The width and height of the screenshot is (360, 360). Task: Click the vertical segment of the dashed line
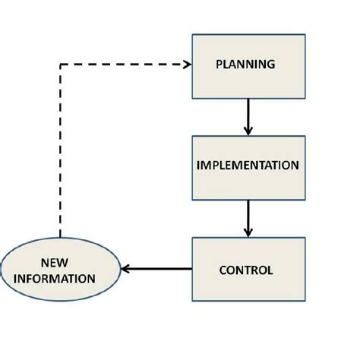(x=60, y=152)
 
